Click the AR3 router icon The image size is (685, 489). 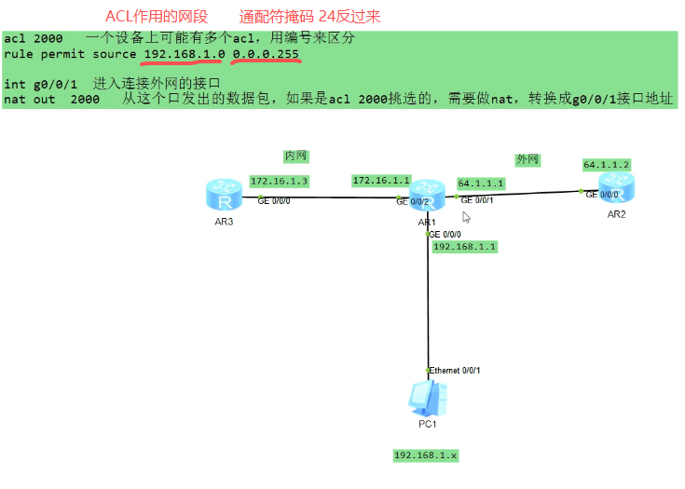tap(223, 196)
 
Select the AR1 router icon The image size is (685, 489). tap(427, 196)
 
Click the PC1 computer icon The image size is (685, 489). tap(428, 399)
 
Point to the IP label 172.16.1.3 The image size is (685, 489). tap(279, 181)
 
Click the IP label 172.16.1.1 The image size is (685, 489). tap(381, 180)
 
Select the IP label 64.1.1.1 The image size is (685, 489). tap(481, 183)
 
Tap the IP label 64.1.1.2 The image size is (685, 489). tap(607, 164)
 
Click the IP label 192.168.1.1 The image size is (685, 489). tap(465, 247)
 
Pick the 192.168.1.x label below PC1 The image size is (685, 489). tap(426, 455)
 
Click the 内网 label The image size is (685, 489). tap(295, 156)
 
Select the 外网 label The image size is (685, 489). tap(527, 159)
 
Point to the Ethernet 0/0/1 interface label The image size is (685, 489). tap(455, 370)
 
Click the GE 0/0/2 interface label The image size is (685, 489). tap(413, 201)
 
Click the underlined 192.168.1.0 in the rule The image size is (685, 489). tap(184, 55)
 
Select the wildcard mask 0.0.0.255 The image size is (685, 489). tap(266, 55)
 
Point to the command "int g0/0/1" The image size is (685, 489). tap(40, 84)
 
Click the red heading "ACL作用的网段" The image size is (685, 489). tap(157, 17)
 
